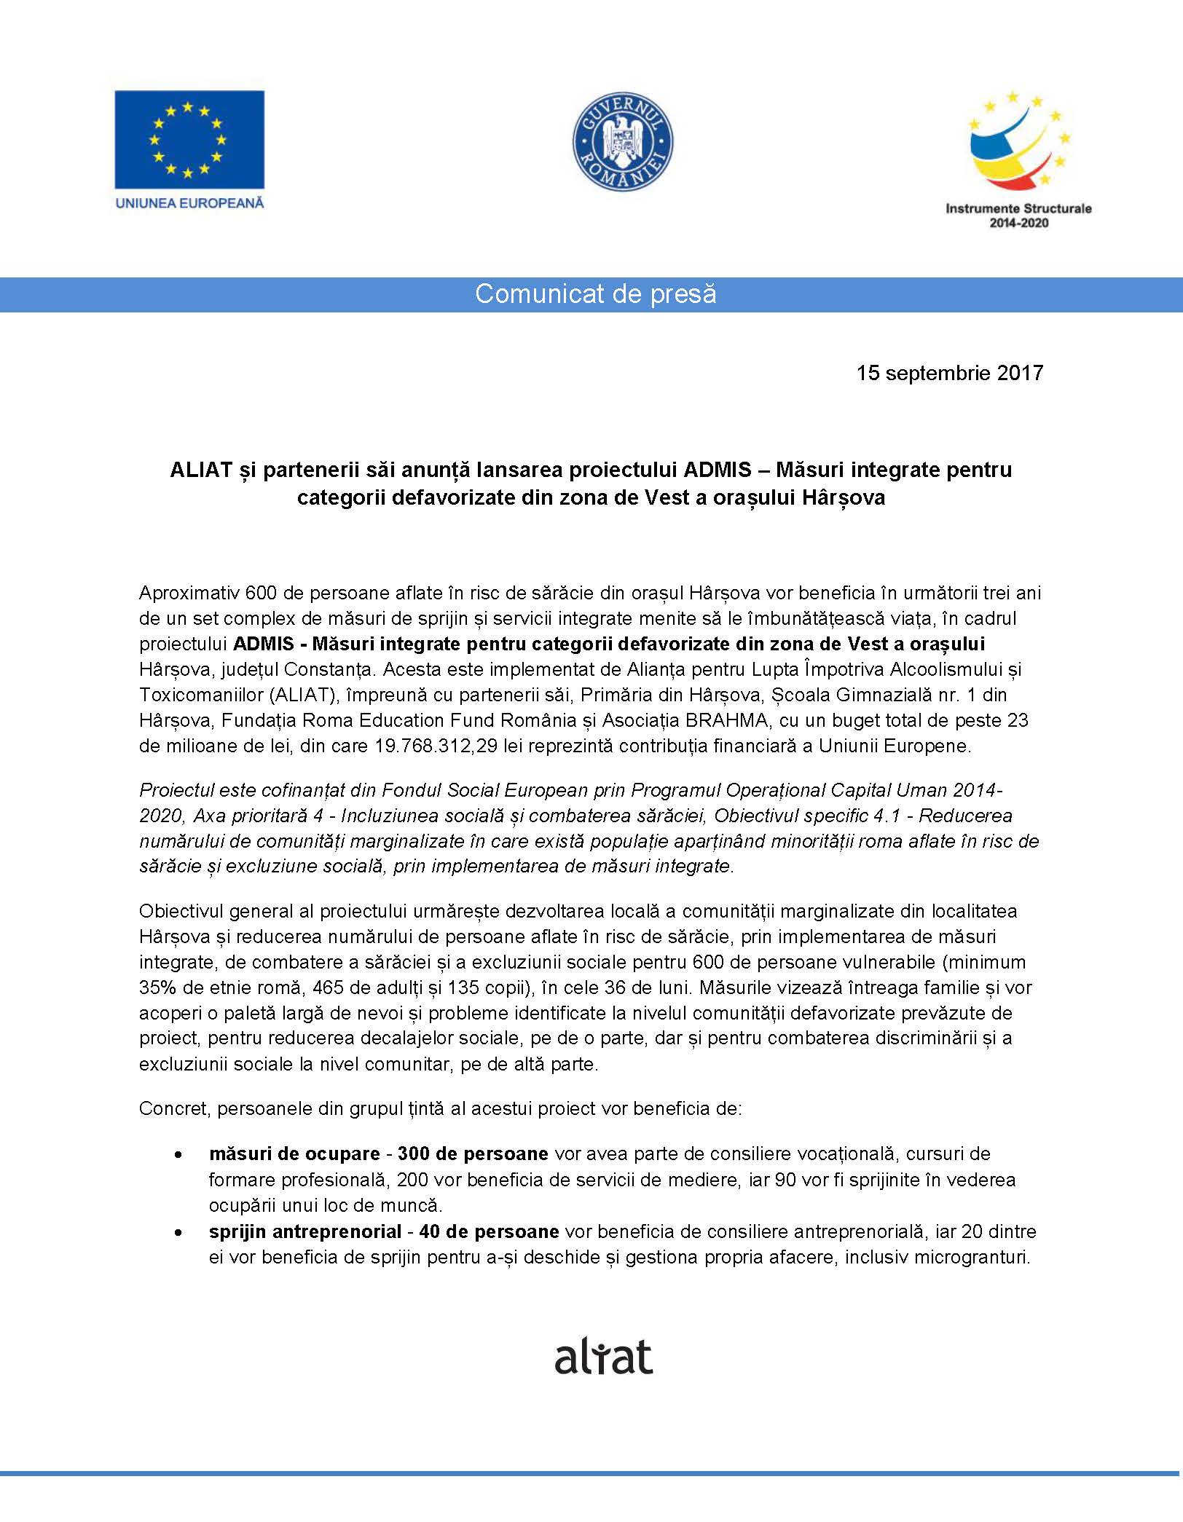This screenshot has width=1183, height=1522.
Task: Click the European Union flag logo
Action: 189,139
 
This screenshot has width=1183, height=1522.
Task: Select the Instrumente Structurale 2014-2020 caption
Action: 1018,215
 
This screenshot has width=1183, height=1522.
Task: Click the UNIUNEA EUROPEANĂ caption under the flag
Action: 189,203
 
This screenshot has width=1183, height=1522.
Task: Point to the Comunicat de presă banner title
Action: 595,294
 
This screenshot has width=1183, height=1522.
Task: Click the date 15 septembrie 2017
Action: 949,374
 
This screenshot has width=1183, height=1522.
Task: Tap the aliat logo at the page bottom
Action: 603,1356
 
